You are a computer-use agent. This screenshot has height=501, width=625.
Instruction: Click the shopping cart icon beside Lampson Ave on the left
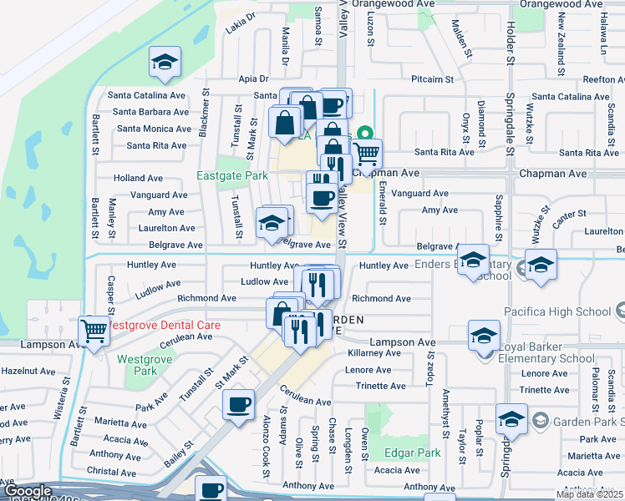point(93,331)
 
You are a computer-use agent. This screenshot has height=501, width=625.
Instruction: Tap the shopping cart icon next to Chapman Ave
point(366,154)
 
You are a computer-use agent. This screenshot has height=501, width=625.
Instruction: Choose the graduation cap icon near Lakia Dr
point(165,63)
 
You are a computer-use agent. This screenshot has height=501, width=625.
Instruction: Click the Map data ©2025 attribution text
point(589,494)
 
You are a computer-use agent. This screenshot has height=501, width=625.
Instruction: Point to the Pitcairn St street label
point(432,80)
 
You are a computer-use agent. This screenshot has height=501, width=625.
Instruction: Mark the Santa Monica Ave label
point(154,129)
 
